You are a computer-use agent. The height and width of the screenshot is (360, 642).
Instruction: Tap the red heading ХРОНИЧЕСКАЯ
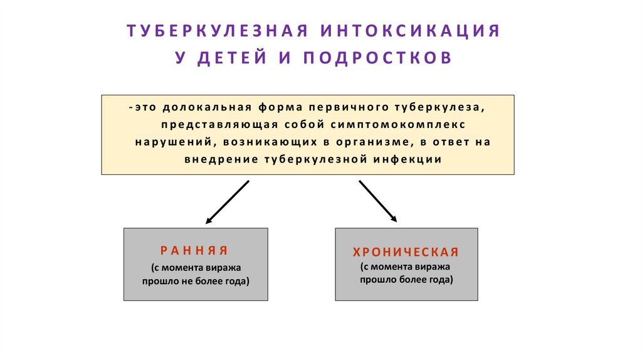[x=406, y=252]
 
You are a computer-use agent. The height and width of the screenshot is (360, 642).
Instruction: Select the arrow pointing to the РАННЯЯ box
[x=228, y=202]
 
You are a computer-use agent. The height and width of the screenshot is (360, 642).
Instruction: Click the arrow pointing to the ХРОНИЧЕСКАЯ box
[x=377, y=201]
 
